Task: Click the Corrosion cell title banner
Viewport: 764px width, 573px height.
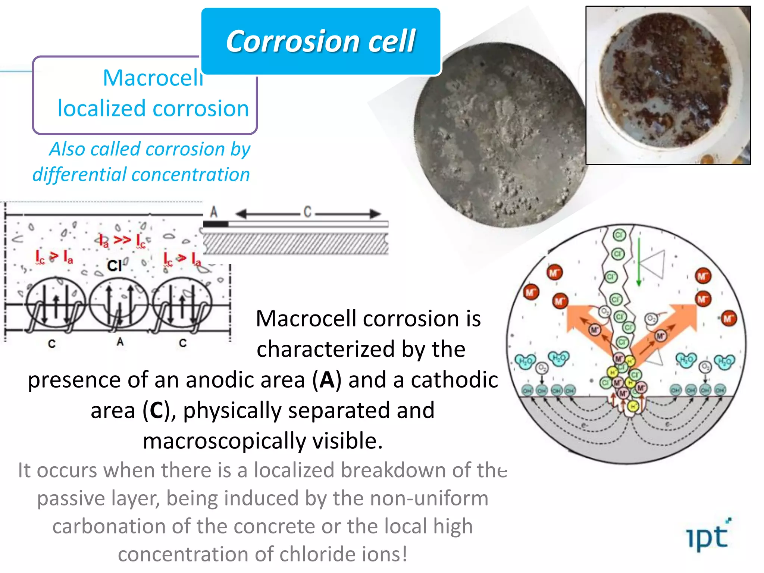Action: point(320,41)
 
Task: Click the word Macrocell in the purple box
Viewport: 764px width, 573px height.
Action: point(153,78)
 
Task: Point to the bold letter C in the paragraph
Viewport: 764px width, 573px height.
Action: point(156,411)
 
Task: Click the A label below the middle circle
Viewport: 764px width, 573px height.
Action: point(120,342)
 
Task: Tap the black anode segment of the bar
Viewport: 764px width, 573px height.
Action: point(215,224)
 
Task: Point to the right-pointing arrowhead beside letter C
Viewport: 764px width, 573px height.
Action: point(375,214)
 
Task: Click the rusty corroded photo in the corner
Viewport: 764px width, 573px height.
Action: point(668,85)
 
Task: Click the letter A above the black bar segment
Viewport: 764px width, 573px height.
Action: point(214,212)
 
